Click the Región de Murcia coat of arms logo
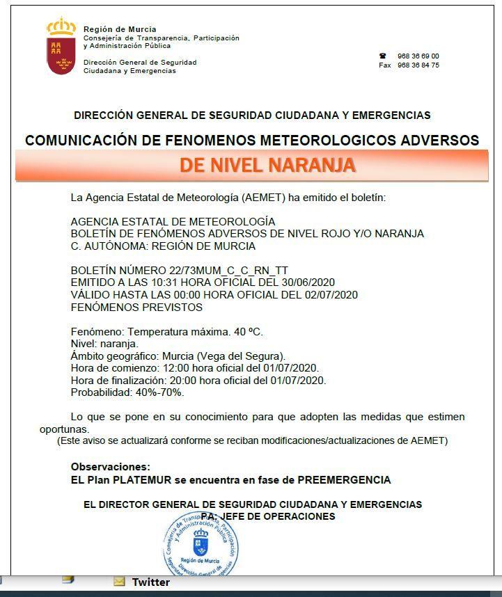(61, 47)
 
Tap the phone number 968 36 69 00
(418, 56)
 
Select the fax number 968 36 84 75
(418, 65)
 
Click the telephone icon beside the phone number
(382, 56)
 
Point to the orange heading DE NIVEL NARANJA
(267, 166)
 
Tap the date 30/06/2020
(311, 282)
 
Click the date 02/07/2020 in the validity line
(331, 294)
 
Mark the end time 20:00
(178, 380)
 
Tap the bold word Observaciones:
(110, 467)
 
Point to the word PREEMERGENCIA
(344, 480)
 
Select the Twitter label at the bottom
(150, 582)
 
